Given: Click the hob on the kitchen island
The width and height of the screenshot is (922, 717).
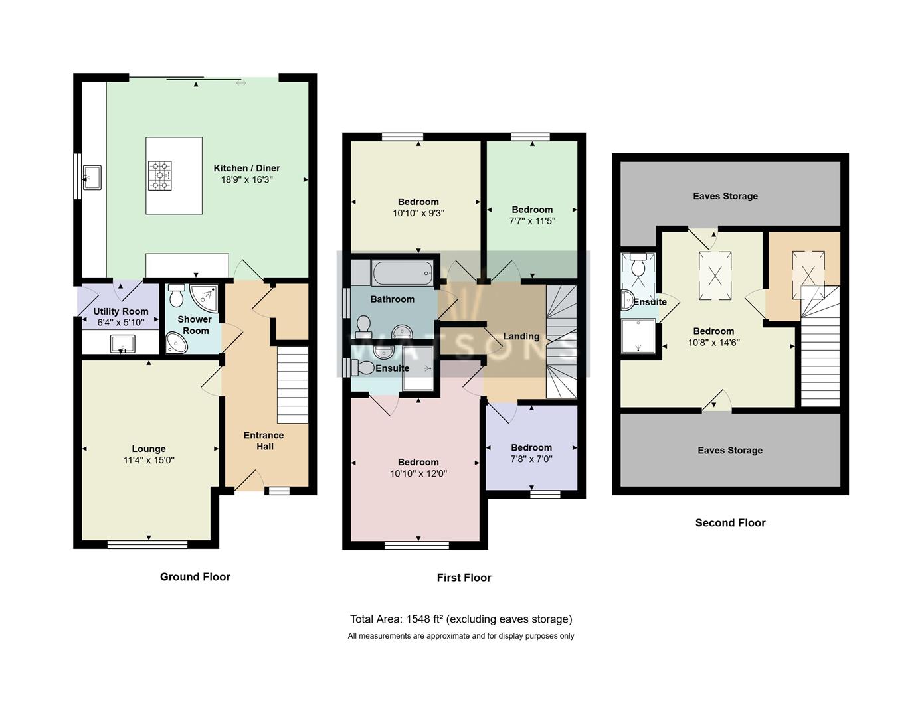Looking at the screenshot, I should [x=159, y=175].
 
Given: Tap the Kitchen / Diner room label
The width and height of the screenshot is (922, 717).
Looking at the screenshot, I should [x=246, y=168].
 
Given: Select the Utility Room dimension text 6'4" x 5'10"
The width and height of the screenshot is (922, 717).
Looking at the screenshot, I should [x=121, y=323].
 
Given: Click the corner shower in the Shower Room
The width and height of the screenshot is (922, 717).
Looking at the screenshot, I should [x=204, y=297].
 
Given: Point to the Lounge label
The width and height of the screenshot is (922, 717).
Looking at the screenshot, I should [x=148, y=449].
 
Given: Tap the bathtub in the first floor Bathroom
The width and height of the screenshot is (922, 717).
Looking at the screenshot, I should [x=403, y=273].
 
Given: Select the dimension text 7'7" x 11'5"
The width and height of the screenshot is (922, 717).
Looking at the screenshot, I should [x=532, y=221].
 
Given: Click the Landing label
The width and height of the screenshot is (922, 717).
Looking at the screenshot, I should [x=521, y=336].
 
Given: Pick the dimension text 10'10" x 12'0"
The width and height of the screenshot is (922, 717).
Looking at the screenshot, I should [x=418, y=474].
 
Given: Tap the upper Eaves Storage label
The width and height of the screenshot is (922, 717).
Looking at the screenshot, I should [x=725, y=196].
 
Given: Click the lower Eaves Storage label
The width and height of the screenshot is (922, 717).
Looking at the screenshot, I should [x=729, y=450].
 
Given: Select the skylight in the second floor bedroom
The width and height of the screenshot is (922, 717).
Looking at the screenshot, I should [x=715, y=274].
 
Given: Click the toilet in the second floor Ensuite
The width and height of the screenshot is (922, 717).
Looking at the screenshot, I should [x=639, y=267].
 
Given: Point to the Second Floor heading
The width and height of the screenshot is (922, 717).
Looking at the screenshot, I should [x=730, y=523].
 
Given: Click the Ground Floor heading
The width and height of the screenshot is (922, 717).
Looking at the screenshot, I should [x=195, y=576].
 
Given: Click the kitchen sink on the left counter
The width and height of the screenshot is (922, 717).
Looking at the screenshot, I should [x=91, y=176].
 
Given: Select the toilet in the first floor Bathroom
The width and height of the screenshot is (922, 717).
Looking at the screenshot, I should [x=363, y=326].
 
